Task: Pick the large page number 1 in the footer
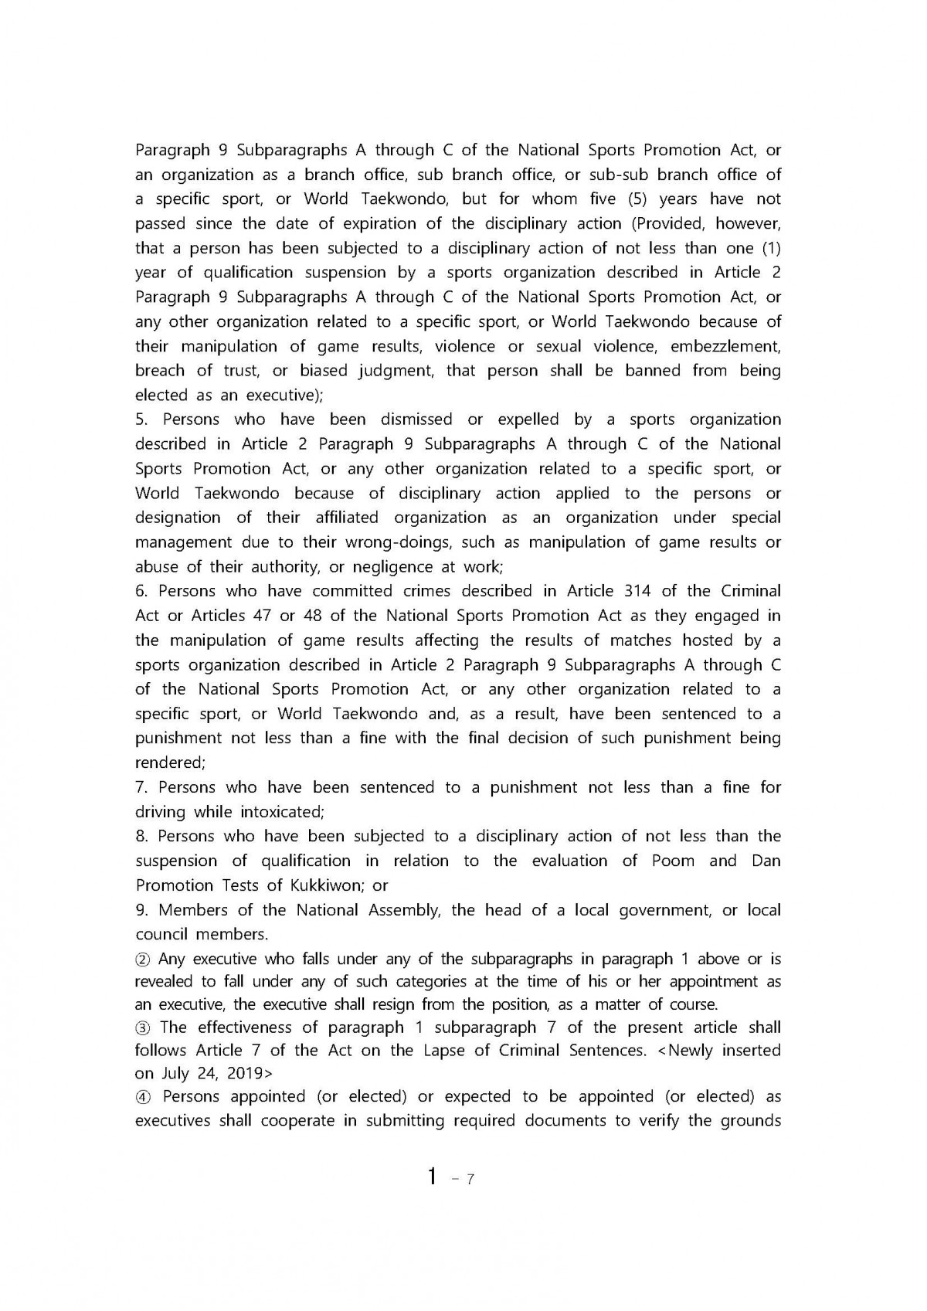[433, 1177]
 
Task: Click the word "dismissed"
[416, 419]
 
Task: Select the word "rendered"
[169, 762]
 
